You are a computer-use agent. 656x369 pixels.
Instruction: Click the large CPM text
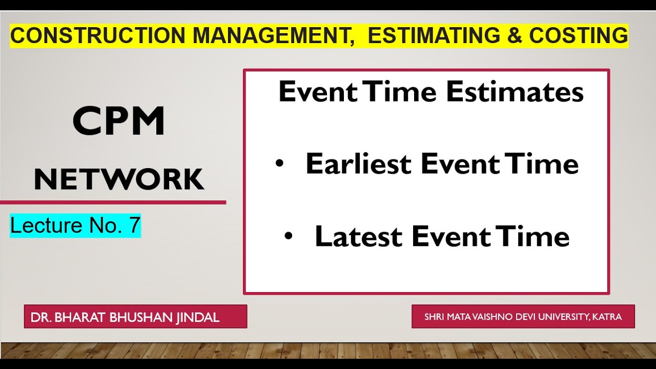click(119, 121)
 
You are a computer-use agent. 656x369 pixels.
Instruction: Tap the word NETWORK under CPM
click(119, 179)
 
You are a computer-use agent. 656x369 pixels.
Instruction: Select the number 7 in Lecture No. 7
click(134, 226)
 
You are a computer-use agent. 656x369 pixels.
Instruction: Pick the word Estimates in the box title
click(515, 93)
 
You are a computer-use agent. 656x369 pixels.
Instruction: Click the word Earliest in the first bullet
click(359, 164)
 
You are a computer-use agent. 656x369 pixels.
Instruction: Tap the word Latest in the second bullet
click(359, 236)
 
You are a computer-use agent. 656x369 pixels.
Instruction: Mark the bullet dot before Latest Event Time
click(289, 236)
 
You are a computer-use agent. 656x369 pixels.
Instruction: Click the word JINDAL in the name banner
click(198, 317)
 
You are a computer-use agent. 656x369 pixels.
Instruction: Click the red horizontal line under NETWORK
click(113, 202)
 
